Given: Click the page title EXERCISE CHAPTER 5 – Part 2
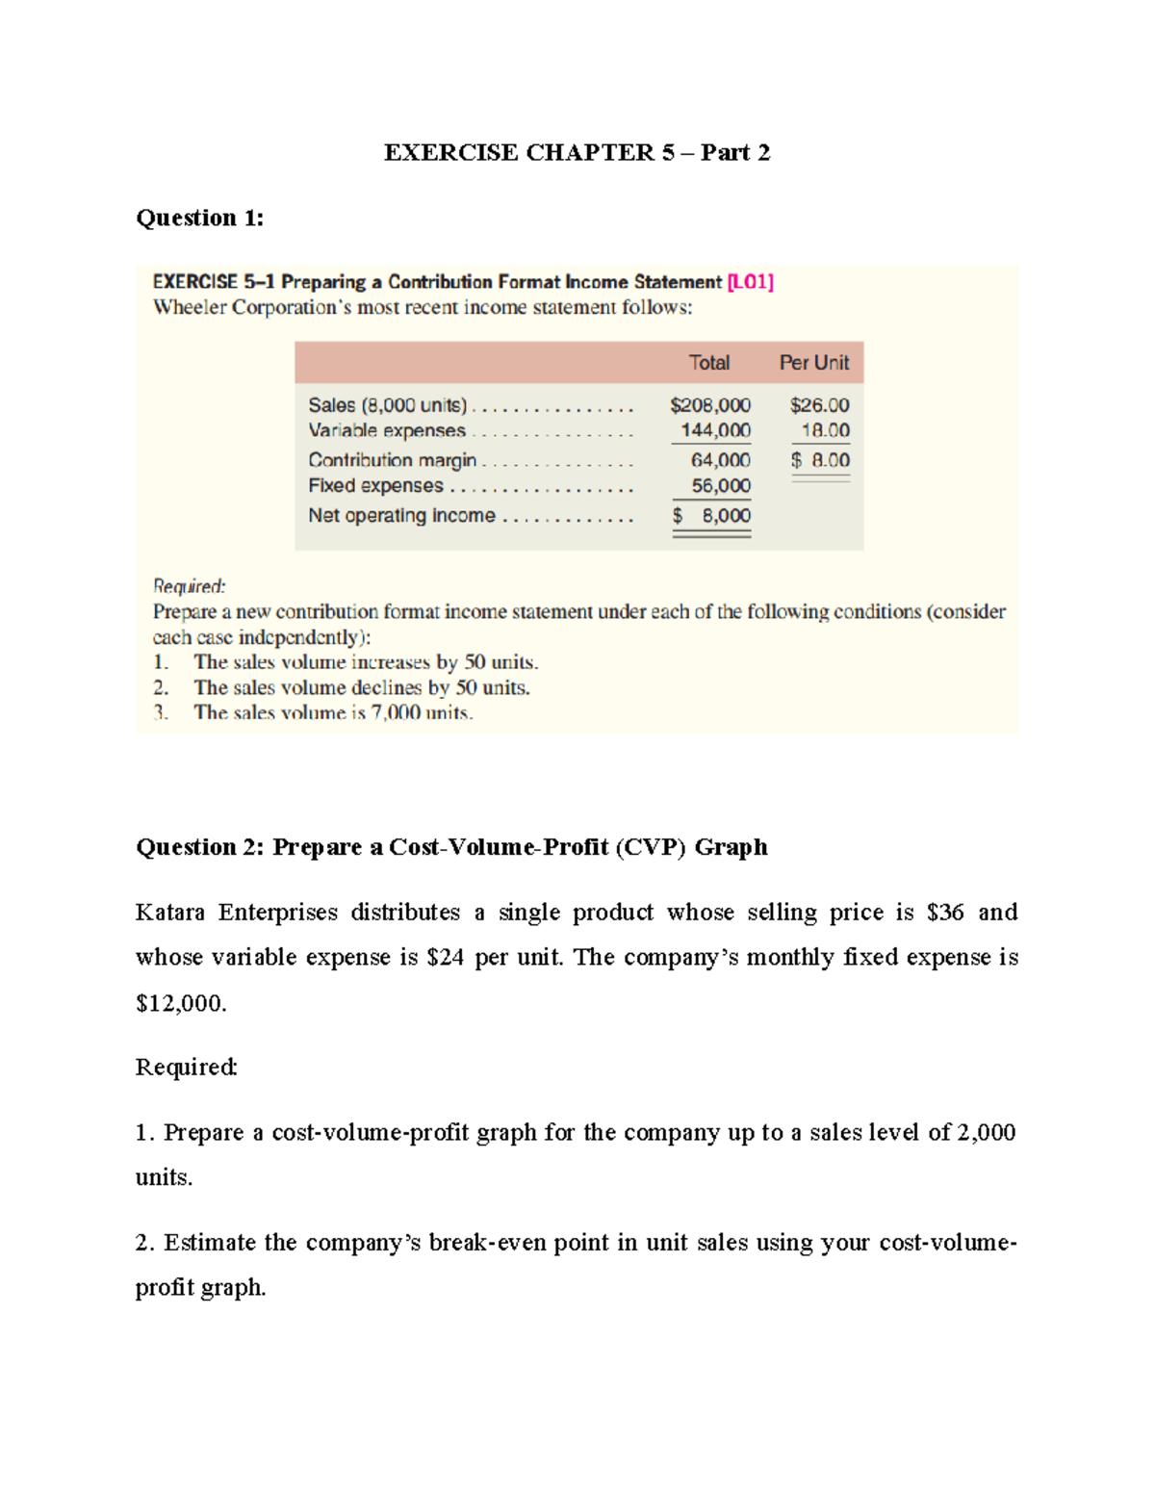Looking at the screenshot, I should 577,153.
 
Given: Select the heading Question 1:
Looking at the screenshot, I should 199,219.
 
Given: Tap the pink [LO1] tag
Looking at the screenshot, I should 751,282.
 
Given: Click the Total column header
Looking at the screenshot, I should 708,363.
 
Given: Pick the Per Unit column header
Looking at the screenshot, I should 813,363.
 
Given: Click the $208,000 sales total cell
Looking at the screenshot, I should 710,405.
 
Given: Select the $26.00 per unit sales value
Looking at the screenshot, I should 819,405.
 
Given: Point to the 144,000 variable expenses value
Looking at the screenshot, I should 715,430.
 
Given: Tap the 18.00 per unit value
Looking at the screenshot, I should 825,430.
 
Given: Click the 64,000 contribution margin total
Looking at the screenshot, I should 720,460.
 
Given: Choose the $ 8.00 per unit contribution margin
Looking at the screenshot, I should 820,460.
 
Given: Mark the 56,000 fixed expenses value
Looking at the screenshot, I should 720,486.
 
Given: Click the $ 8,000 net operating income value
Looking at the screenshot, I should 712,516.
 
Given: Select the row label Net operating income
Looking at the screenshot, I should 401,516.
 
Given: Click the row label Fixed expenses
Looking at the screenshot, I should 375,486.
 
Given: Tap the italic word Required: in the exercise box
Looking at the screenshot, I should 189,586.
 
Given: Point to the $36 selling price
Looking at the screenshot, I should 944,913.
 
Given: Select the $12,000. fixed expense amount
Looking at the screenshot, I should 181,1004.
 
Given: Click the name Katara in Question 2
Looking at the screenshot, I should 169,913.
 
